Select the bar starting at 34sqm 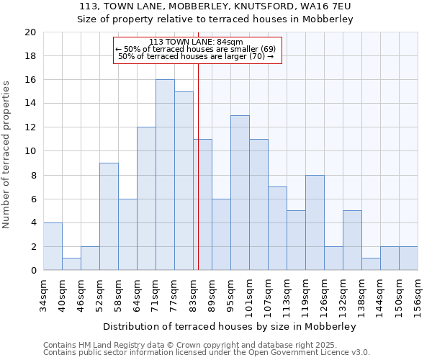53,246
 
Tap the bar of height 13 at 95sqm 240,193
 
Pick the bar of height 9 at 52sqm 109,217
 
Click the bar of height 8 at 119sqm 315,222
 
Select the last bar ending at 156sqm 408,258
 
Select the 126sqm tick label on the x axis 324,294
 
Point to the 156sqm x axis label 418,294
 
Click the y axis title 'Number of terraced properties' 7,154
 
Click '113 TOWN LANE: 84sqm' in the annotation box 196,42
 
